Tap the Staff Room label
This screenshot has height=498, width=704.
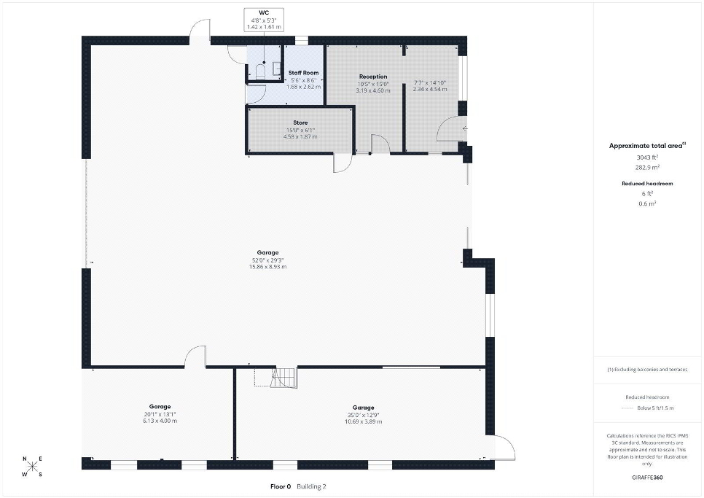point(303,73)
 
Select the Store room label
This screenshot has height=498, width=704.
point(300,122)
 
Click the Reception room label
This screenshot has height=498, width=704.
point(373,77)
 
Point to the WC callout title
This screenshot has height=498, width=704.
point(264,13)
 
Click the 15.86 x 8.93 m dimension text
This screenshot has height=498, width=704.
point(267,267)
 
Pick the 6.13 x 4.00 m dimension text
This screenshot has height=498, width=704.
point(160,421)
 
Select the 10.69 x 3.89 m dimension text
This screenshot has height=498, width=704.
point(363,422)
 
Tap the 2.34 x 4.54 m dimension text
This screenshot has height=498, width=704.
point(430,90)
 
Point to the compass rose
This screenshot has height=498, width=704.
point(32,467)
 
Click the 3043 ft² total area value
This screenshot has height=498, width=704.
point(647,157)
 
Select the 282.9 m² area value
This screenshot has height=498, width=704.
point(647,168)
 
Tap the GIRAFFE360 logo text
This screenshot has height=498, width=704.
point(647,478)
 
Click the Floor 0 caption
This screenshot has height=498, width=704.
point(281,487)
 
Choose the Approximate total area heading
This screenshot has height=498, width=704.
point(647,146)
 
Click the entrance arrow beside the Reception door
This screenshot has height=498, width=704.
point(465,129)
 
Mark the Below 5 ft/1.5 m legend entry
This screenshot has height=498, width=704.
point(655,408)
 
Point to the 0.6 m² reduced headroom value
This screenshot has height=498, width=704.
point(647,204)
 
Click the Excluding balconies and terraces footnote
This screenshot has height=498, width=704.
point(647,370)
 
